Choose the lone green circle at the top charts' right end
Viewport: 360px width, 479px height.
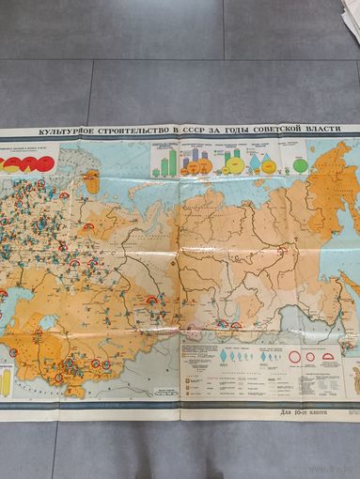(x=300, y=165)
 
